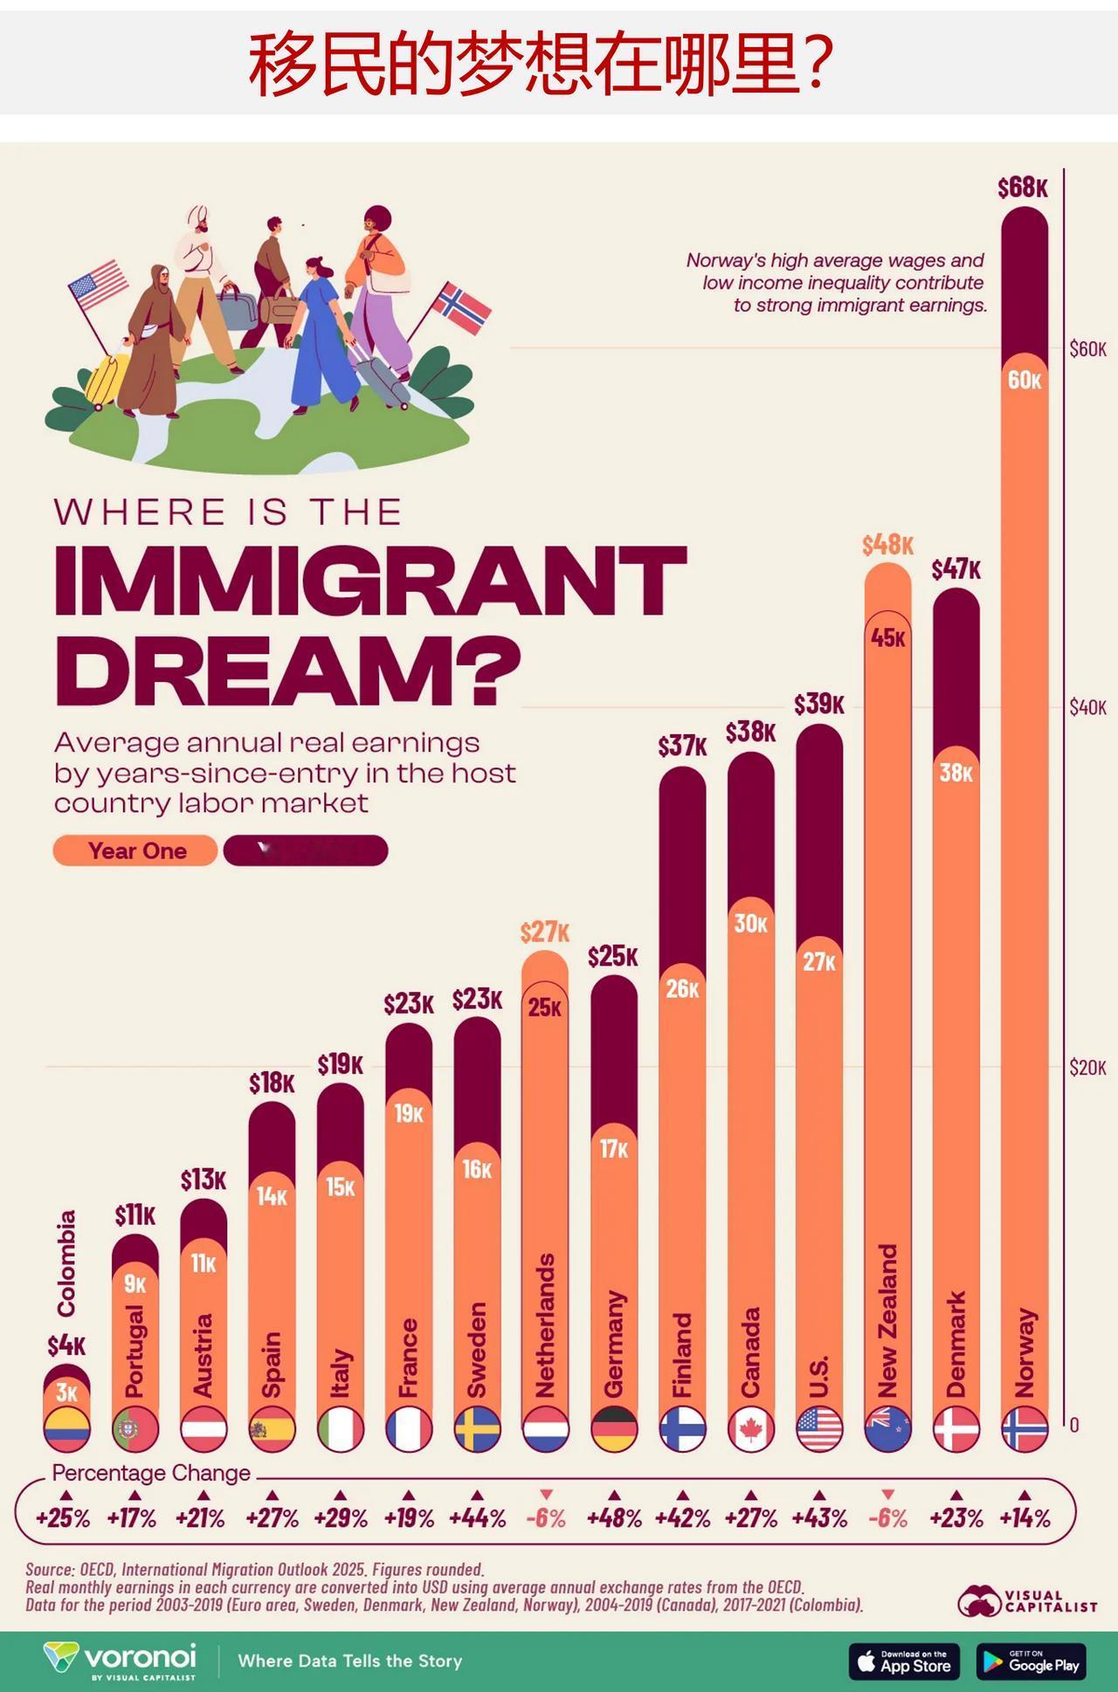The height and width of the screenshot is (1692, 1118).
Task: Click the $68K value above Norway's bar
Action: (x=1023, y=188)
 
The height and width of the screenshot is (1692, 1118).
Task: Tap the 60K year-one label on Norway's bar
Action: (x=1025, y=381)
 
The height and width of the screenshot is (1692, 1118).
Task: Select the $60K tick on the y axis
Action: (x=1087, y=349)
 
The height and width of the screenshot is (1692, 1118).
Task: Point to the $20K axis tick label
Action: (x=1087, y=1067)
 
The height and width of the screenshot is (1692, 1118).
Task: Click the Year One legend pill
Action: (x=135, y=850)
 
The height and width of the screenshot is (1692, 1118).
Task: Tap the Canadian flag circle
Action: (x=750, y=1429)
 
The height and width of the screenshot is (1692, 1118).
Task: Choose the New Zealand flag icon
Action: (x=887, y=1429)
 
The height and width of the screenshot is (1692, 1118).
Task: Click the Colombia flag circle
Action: (x=66, y=1429)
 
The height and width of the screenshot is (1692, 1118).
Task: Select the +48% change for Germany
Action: (x=614, y=1518)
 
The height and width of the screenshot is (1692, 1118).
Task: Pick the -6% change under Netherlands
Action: (x=546, y=1518)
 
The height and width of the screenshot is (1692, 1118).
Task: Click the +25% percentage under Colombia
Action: (x=63, y=1518)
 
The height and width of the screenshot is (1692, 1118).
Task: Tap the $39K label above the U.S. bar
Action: (x=818, y=705)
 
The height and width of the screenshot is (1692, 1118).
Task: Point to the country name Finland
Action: (x=682, y=1354)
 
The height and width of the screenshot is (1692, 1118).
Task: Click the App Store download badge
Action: (x=904, y=1661)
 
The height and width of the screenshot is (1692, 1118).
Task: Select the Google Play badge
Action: (x=1032, y=1661)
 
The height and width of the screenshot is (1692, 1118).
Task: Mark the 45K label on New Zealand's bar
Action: (x=887, y=638)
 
